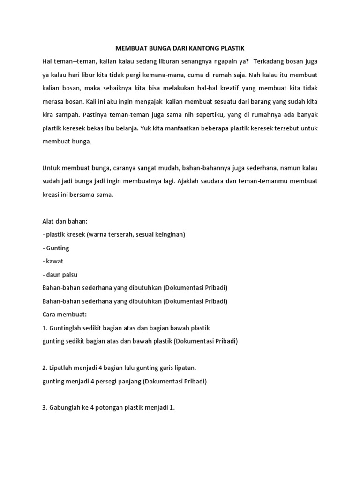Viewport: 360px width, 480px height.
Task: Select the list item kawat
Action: [x=54, y=261]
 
